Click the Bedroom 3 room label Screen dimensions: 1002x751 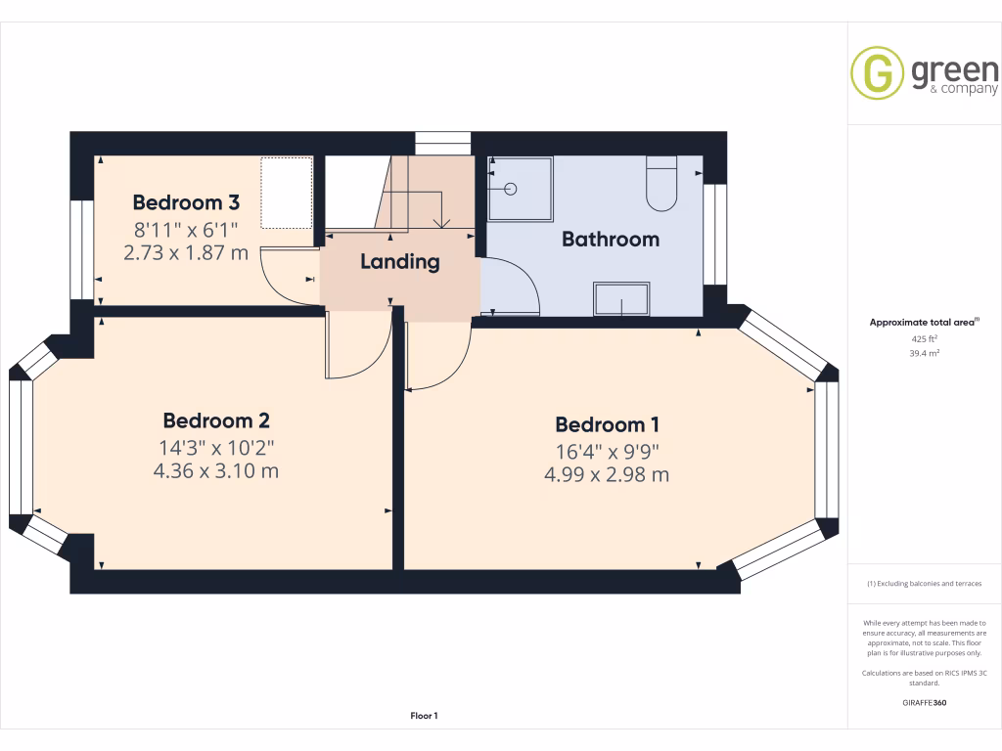[186, 202]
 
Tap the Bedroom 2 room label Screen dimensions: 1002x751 [216, 420]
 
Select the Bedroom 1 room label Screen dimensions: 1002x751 [607, 424]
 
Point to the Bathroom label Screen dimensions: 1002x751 [611, 240]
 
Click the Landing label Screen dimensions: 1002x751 [400, 262]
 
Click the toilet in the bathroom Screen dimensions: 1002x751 [661, 183]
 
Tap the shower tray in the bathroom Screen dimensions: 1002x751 [521, 189]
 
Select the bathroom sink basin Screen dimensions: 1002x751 [621, 299]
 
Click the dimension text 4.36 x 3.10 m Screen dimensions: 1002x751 [216, 471]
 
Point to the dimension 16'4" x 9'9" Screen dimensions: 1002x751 [607, 452]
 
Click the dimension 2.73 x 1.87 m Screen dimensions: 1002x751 [186, 253]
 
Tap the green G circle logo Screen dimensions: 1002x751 [877, 72]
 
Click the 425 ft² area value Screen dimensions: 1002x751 [924, 339]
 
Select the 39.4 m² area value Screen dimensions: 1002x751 [924, 353]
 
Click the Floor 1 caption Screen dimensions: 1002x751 [424, 716]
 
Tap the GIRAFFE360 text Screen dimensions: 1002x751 [924, 702]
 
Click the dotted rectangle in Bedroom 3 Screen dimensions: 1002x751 [287, 193]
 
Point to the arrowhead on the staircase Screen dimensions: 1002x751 [441, 223]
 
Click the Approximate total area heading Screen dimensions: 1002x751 [924, 323]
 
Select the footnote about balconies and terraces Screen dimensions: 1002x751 [924, 584]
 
